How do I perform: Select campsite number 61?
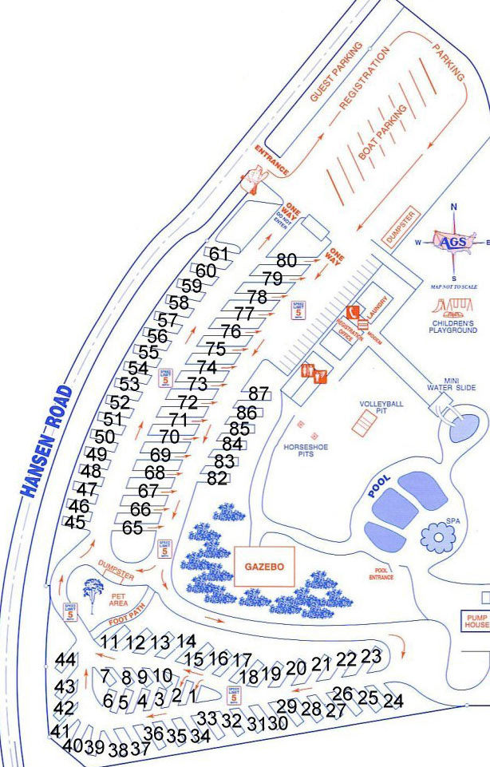(x=219, y=254)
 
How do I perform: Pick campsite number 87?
(x=259, y=393)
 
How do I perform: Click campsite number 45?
(x=75, y=523)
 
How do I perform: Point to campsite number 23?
(x=370, y=656)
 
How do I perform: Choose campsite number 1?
(x=192, y=694)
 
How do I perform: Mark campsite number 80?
(x=286, y=260)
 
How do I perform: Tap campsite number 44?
(x=66, y=660)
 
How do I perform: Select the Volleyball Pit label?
(x=381, y=409)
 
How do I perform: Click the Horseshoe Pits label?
(x=306, y=452)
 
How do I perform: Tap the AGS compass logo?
(x=453, y=240)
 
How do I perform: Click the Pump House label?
(x=475, y=620)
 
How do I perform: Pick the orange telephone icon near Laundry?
(x=351, y=311)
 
